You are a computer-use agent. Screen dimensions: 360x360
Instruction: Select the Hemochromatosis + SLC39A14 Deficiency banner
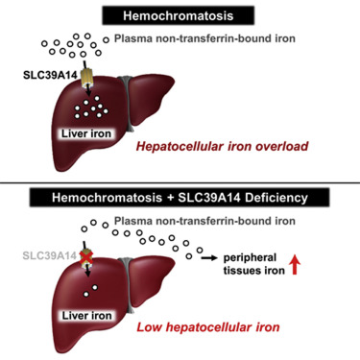[180, 198]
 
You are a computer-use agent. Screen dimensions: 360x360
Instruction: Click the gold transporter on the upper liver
[84, 74]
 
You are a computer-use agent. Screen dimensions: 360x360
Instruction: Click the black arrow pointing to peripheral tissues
[205, 258]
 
